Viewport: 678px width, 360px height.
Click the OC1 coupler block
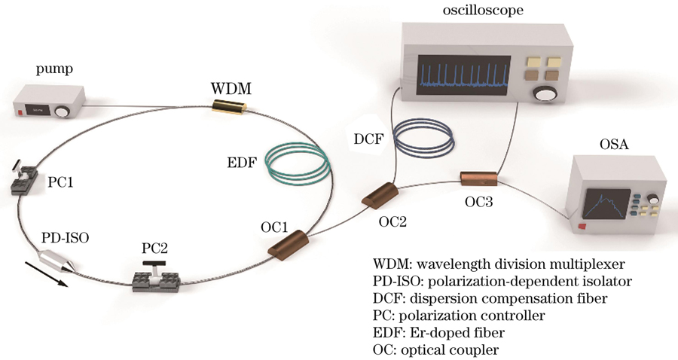coord(284,246)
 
